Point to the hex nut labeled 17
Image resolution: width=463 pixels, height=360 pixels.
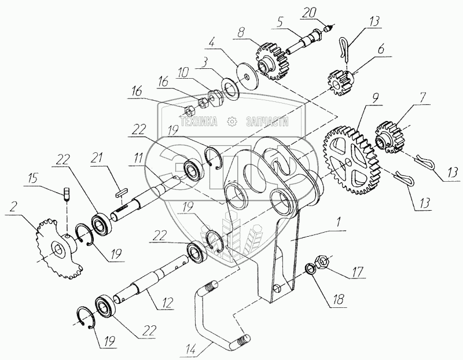322,261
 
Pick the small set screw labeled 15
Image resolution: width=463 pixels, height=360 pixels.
65,193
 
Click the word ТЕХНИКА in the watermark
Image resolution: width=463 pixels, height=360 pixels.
199,122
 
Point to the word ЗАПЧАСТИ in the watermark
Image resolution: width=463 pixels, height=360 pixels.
267,122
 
